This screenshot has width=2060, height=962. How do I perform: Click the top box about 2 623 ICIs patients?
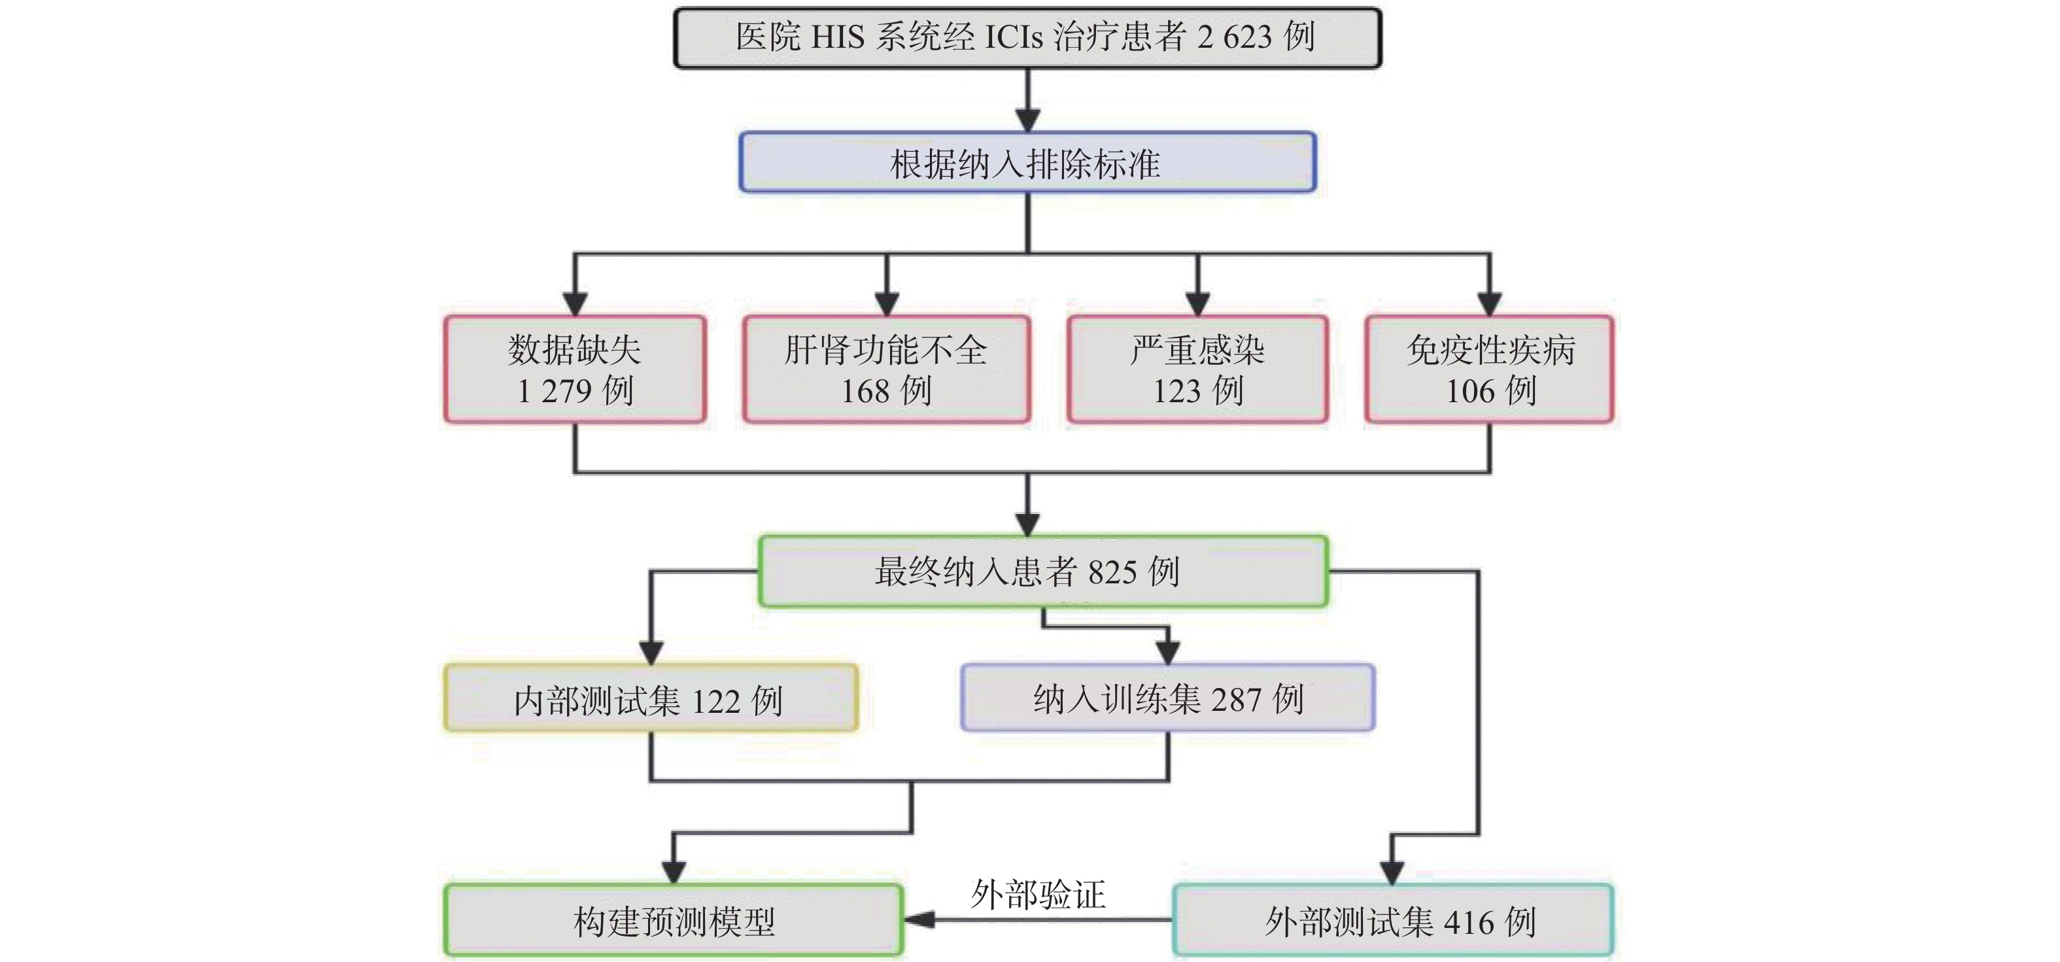click(1027, 37)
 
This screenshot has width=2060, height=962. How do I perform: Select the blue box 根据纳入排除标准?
click(1027, 162)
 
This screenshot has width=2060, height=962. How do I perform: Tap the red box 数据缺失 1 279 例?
click(575, 369)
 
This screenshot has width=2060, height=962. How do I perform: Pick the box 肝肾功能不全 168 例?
click(886, 369)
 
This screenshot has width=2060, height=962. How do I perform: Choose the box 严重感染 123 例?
click(1197, 369)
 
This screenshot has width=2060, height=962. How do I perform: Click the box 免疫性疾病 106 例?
click(1489, 369)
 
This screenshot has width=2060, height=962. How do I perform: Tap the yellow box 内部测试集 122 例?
click(650, 698)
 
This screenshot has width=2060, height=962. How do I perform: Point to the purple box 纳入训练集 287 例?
click(1167, 697)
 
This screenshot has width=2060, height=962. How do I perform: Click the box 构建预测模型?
click(674, 920)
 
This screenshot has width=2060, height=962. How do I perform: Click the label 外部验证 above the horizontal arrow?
click(1038, 894)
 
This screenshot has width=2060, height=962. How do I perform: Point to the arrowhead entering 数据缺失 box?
click(575, 304)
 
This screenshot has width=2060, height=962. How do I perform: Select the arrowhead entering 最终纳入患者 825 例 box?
click(1027, 524)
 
